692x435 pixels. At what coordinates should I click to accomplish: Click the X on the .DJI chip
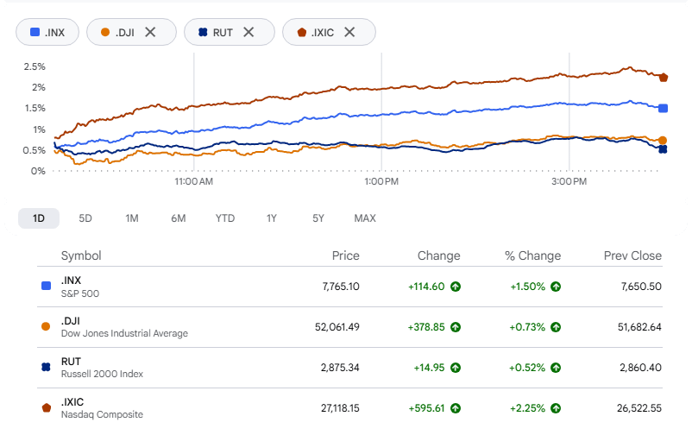(150, 32)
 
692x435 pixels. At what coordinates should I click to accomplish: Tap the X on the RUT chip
(248, 32)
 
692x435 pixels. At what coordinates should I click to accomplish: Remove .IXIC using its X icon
(349, 32)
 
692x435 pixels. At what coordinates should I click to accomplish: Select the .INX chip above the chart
(47, 32)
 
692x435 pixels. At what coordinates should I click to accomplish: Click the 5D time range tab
(85, 218)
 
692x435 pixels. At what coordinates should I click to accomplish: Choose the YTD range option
(225, 218)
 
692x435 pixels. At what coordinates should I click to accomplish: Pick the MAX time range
(365, 218)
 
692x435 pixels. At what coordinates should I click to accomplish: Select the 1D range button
(39, 218)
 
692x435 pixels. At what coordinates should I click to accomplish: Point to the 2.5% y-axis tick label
(35, 66)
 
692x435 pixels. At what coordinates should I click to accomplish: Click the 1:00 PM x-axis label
(381, 181)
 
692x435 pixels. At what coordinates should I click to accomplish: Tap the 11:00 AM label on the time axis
(194, 181)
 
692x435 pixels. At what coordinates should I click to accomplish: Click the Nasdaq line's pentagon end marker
(664, 78)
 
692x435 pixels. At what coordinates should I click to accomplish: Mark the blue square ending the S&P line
(663, 108)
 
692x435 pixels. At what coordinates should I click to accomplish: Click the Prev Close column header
(632, 255)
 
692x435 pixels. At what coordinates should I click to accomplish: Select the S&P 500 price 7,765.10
(341, 287)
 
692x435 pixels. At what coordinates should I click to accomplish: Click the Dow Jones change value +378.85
(426, 327)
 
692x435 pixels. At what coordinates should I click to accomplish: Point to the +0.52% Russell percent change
(527, 368)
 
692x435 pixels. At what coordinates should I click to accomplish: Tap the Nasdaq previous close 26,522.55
(639, 408)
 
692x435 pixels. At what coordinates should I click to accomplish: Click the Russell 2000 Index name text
(102, 374)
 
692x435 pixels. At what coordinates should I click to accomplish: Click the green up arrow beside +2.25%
(556, 408)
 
